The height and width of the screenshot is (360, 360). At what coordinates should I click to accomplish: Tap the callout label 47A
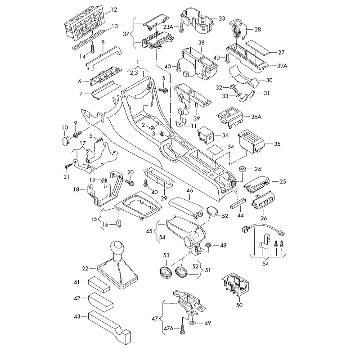[x=169, y=329]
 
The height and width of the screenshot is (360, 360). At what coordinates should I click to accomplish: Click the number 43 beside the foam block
[x=77, y=317]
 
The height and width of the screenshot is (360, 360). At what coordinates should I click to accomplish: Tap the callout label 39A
[x=282, y=66]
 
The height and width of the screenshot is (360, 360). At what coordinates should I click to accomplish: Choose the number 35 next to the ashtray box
[x=277, y=144]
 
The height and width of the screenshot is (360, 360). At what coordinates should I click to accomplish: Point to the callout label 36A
[x=256, y=117]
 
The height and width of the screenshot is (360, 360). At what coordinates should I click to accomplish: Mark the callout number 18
[x=76, y=189]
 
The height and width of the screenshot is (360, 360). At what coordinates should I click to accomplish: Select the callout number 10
[x=64, y=128]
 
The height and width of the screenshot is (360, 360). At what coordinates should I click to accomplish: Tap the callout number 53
[x=166, y=256]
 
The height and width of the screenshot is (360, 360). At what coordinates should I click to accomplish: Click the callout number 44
[x=240, y=216]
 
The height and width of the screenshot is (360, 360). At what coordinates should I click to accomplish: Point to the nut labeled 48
[x=209, y=246]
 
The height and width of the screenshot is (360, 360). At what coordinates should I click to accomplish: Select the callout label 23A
[x=168, y=27]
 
